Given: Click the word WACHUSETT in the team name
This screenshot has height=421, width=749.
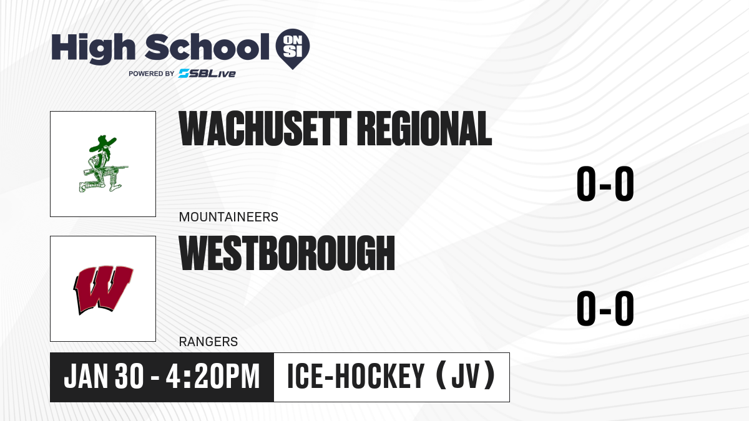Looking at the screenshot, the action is click(265, 128).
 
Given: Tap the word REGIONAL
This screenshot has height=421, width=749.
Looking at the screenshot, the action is click(424, 128).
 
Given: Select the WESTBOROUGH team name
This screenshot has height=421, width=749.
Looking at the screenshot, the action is click(287, 253).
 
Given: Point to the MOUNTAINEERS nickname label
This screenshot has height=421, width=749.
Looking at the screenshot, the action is click(228, 217).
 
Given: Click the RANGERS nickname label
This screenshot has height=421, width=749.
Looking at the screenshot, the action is click(208, 342).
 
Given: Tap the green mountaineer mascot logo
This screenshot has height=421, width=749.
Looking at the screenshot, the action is click(103, 163).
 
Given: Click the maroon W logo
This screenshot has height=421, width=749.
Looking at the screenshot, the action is click(103, 289).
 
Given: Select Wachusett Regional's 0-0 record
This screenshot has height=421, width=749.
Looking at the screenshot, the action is click(605, 184).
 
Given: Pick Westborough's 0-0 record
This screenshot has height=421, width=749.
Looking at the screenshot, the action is click(605, 309).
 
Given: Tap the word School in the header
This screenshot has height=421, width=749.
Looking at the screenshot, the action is click(207, 47).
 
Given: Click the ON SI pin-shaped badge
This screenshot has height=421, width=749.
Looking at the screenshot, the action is click(293, 49).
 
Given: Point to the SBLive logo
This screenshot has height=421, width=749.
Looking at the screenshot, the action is click(207, 74).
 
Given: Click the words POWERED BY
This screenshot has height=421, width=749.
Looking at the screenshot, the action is click(152, 74).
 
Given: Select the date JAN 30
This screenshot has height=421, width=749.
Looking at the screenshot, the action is click(104, 377).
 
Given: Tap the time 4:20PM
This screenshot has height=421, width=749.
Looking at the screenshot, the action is click(213, 377).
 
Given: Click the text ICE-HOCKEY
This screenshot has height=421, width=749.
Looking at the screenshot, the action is click(356, 377).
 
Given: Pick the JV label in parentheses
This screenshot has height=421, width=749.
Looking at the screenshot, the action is click(466, 376).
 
